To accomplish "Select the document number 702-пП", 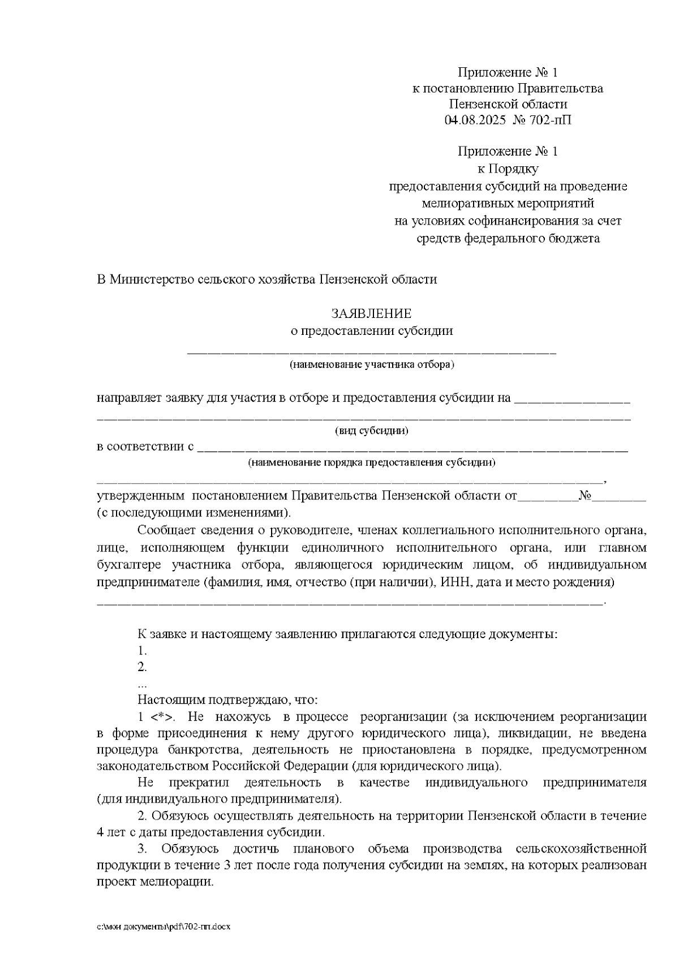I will click(549, 120).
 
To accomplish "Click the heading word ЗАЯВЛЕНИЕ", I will click(371, 313).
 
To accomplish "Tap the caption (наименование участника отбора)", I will click(371, 364).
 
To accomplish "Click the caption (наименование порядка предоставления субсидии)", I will click(371, 463).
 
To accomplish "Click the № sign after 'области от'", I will click(585, 497).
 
